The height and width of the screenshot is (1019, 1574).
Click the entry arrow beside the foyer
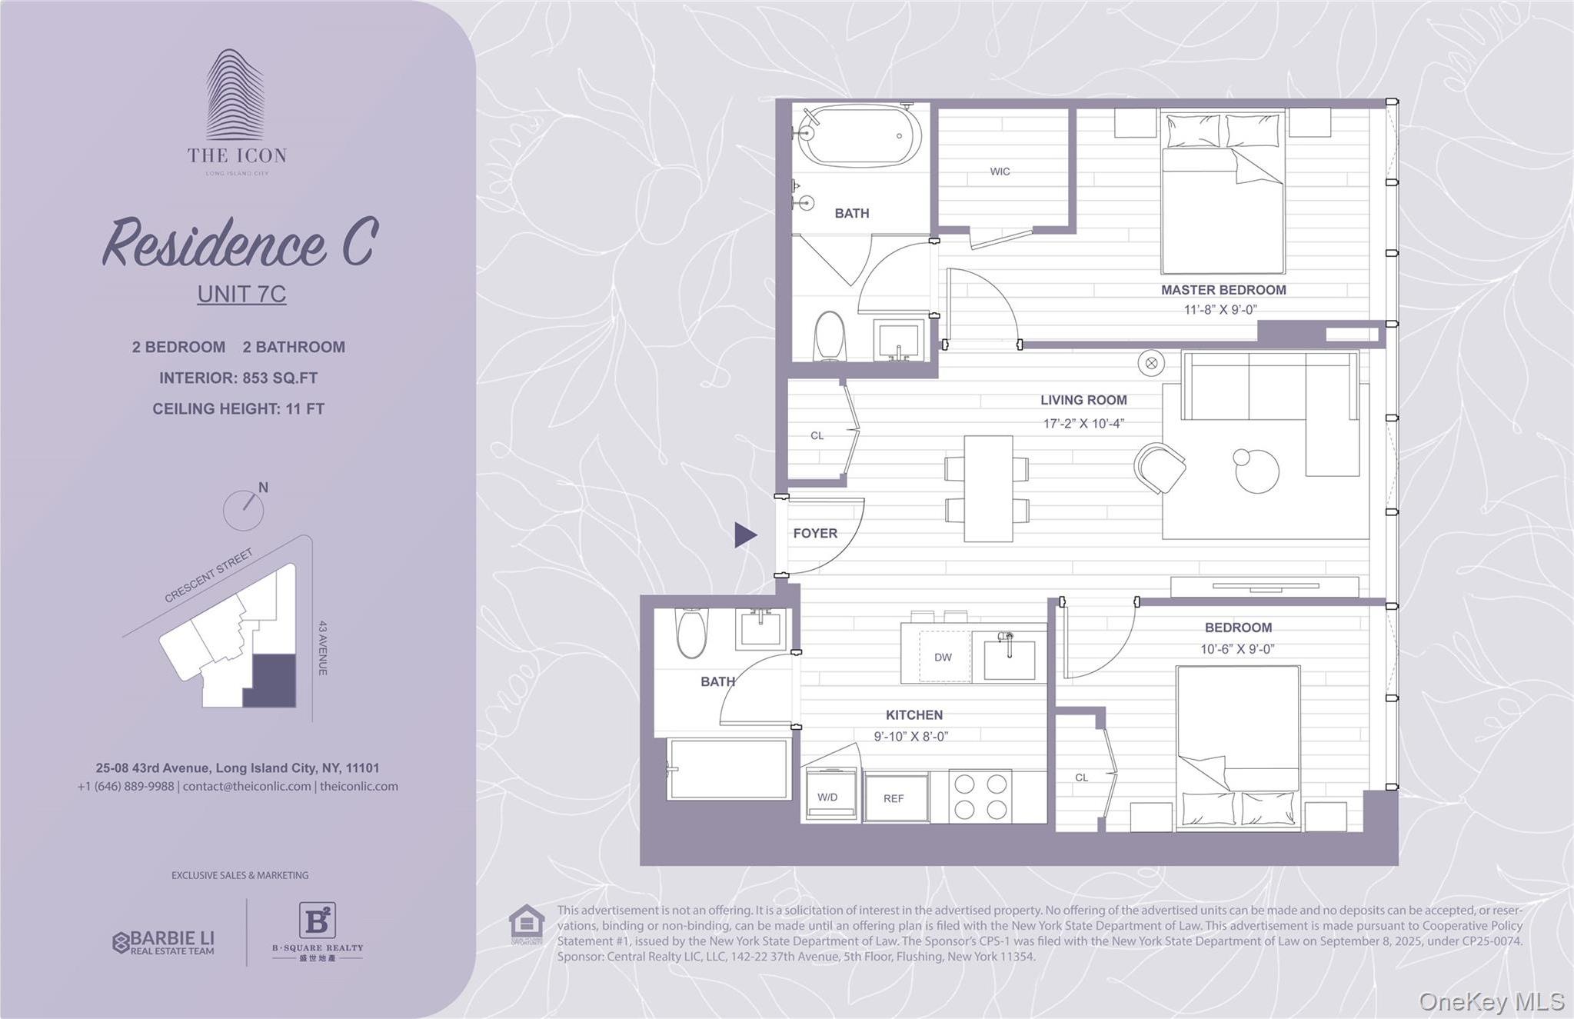click(x=744, y=534)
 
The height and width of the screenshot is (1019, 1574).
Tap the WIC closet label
click(x=1000, y=171)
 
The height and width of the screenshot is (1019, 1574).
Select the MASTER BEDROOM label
click(x=1223, y=290)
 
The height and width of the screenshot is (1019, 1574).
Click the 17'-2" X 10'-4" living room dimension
click(x=1083, y=424)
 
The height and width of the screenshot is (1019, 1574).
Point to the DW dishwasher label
click(x=943, y=658)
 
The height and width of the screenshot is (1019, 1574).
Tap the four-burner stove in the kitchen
click(x=980, y=797)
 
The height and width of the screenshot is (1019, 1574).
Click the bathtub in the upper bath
click(x=858, y=136)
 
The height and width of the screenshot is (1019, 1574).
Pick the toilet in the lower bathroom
click(x=691, y=633)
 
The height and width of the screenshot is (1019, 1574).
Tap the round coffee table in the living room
click(x=1256, y=470)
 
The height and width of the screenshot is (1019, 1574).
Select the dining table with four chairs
click(x=987, y=489)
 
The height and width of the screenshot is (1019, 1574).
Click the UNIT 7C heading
click(x=241, y=294)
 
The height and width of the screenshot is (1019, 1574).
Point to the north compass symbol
click(x=245, y=508)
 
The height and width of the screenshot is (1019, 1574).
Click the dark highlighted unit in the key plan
click(x=270, y=681)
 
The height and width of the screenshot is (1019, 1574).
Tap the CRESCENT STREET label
click(x=208, y=575)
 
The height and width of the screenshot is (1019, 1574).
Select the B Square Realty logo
click(x=317, y=931)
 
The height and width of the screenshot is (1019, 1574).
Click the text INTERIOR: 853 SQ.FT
click(x=238, y=378)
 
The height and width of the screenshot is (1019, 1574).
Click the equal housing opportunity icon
click(x=527, y=924)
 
